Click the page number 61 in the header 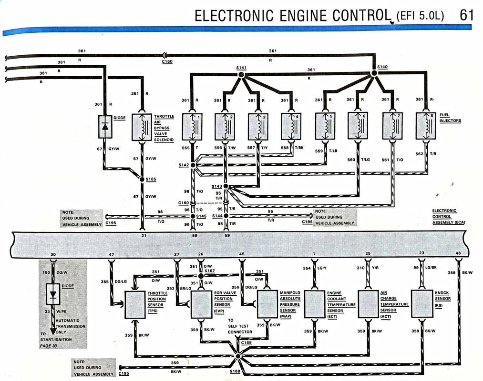(467, 15)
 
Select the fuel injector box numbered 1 (192, 126)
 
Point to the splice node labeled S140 (374, 73)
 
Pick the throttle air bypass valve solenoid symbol (142, 127)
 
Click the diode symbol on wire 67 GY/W (105, 126)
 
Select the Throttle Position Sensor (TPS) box (135, 304)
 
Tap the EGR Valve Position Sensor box (201, 304)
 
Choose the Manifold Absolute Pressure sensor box (267, 304)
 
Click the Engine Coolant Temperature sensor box (314, 304)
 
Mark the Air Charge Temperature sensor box (368, 304)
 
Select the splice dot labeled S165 (142, 179)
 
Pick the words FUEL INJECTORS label (451, 118)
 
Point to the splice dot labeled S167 (201, 276)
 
